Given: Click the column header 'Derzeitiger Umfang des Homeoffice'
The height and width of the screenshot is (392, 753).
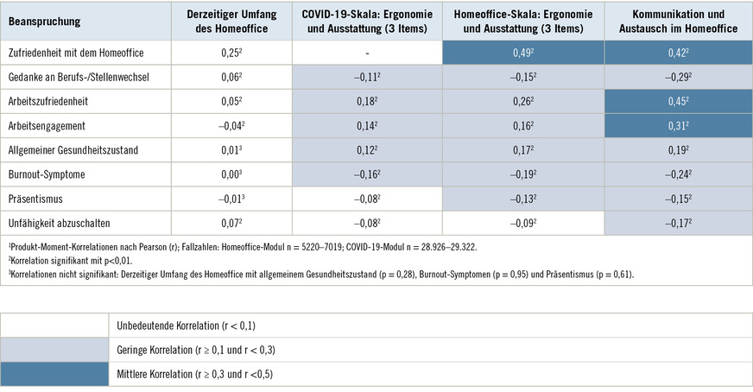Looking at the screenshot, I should [x=229, y=21].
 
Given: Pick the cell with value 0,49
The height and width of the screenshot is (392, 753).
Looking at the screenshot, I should [x=522, y=53].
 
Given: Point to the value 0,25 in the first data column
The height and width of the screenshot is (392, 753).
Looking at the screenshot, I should [x=229, y=53].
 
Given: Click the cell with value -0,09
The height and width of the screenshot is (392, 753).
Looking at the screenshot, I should [x=522, y=224].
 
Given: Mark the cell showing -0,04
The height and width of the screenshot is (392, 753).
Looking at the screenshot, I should [x=229, y=126].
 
